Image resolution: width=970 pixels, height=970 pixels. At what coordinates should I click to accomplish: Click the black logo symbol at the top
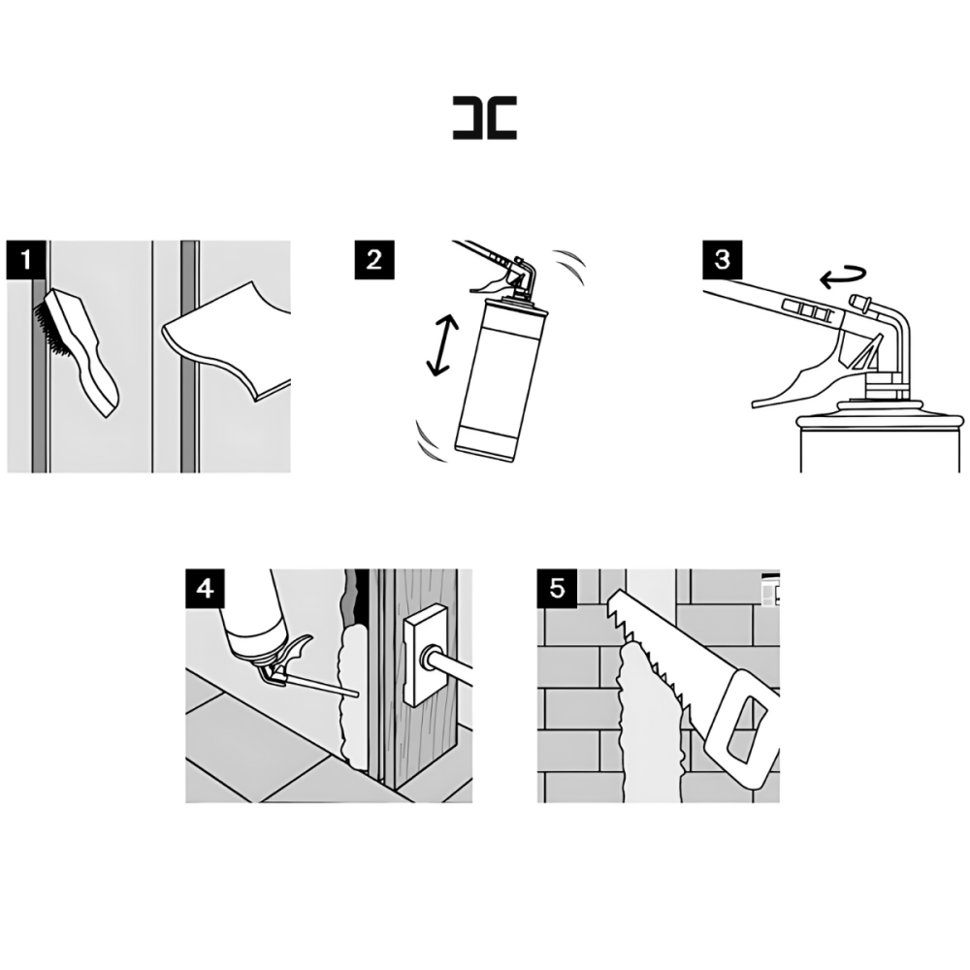tap(484, 117)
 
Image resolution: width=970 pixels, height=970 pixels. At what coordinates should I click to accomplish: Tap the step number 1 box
tap(26, 260)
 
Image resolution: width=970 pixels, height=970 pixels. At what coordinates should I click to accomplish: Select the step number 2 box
tap(374, 260)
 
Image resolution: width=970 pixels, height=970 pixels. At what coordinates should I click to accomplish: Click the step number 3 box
tap(723, 260)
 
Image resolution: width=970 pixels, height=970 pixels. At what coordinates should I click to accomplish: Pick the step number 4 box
tap(206, 589)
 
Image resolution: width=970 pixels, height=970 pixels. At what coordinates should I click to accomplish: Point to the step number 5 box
tap(557, 589)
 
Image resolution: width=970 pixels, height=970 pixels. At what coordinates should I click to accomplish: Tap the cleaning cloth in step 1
tap(226, 340)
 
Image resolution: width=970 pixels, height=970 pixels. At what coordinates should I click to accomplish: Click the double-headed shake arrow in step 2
tap(442, 344)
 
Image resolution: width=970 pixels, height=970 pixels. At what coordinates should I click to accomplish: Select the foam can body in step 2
tap(500, 380)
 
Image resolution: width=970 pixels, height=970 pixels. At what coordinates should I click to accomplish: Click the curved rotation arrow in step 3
tap(844, 277)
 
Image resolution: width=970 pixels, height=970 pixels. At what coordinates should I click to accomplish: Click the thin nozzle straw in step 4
tap(323, 686)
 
